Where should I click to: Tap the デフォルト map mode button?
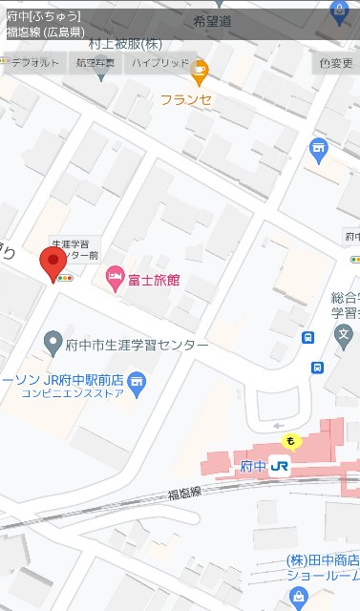point(32,63)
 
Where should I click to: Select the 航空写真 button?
point(95,63)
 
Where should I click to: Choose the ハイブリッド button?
point(160,63)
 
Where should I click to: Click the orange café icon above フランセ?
point(199,68)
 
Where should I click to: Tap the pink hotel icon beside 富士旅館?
point(115,279)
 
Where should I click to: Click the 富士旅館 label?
point(153,280)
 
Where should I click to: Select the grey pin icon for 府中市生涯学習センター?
point(54,342)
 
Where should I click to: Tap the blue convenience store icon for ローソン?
point(138,383)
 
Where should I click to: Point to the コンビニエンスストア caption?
point(70,391)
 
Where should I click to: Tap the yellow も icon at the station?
point(290,440)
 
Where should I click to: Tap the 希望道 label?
point(212,21)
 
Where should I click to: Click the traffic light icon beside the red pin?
point(65,278)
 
